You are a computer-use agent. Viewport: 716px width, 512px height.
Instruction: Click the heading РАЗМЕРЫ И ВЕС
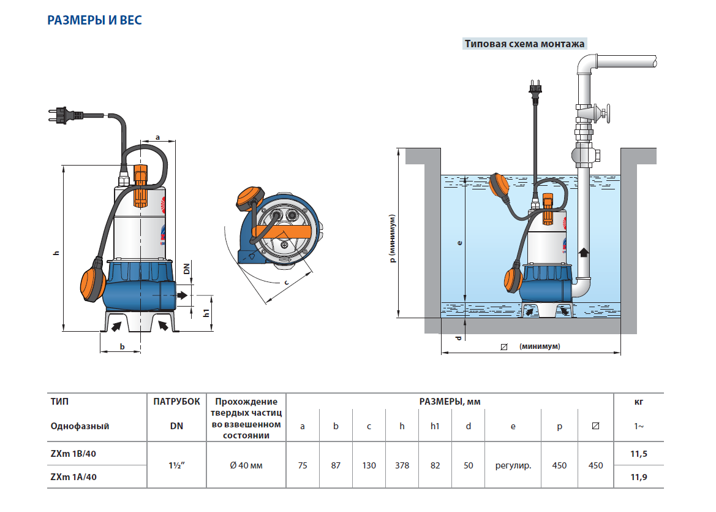tap(94, 21)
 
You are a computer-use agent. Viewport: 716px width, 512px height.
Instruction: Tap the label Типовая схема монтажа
tap(525, 44)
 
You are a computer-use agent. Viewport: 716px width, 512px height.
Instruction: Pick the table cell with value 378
tap(402, 465)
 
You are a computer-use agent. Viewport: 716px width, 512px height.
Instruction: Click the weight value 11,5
tap(638, 454)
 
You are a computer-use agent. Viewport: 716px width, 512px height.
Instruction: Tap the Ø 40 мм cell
tap(246, 465)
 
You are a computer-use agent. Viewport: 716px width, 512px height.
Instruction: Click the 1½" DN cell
tap(176, 465)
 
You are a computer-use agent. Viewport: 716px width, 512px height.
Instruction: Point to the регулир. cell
tap(513, 465)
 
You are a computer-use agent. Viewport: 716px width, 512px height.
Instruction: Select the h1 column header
tap(435, 426)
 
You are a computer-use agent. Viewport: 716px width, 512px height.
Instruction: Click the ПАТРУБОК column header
tap(176, 402)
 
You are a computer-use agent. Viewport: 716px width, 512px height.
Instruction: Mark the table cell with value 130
tap(369, 465)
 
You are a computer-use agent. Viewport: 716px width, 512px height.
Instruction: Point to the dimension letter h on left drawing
tap(55, 253)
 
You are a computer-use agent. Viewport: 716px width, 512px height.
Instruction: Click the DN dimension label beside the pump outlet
tap(187, 269)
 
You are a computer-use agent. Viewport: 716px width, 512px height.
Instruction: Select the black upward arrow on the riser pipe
tap(584, 251)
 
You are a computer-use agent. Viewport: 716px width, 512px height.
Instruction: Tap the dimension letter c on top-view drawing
tap(286, 282)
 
